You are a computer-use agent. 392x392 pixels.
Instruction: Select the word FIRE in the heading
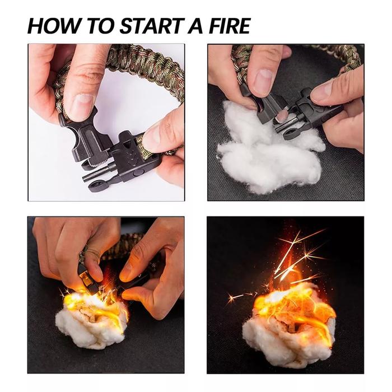point(228,26)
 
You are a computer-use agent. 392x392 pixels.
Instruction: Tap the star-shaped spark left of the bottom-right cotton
point(233,298)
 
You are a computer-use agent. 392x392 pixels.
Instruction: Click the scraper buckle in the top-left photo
point(86,140)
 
